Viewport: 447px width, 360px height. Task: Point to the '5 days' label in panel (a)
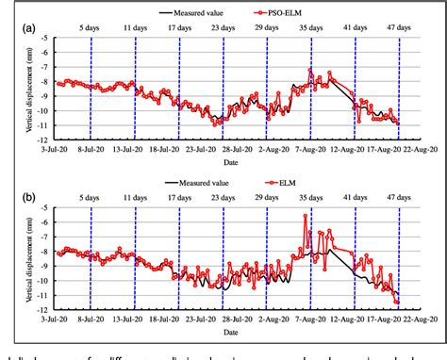coord(91,28)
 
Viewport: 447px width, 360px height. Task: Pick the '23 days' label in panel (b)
coord(223,199)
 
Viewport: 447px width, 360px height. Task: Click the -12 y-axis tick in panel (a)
coord(47,139)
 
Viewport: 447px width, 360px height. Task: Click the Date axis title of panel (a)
coord(230,160)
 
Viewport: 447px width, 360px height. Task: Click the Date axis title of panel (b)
coord(230,332)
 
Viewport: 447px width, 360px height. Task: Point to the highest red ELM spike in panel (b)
coord(305,216)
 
